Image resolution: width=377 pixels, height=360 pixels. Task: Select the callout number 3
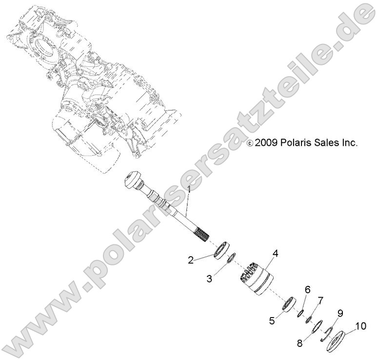tap(209, 279)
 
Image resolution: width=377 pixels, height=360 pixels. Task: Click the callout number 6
tap(307, 290)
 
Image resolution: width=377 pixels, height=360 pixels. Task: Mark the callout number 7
tap(320, 299)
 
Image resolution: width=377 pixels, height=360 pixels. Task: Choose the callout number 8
tap(299, 342)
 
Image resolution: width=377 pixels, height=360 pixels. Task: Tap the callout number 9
tap(340, 313)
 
